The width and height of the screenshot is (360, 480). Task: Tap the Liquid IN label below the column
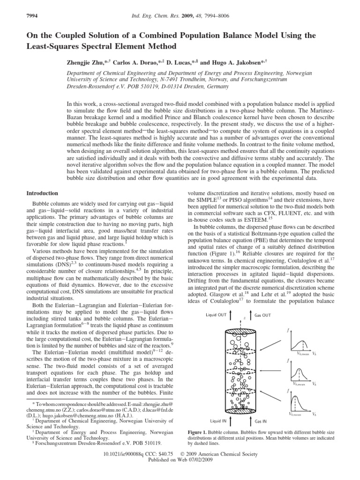tap(218, 421)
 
